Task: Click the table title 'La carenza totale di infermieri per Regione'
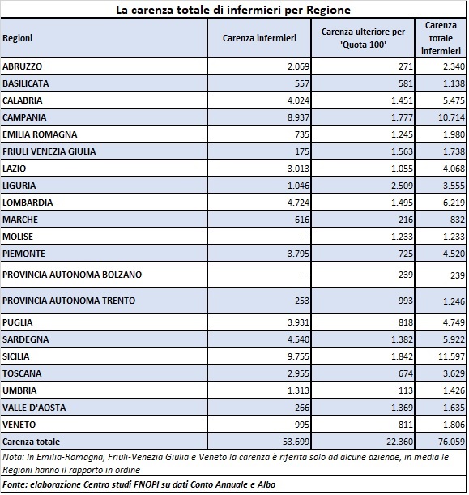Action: click(x=233, y=10)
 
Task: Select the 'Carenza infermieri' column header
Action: click(x=259, y=38)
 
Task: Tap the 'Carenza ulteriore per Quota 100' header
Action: click(x=363, y=38)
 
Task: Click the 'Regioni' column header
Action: click(x=17, y=38)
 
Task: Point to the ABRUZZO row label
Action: click(x=22, y=66)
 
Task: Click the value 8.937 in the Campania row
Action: click(x=298, y=117)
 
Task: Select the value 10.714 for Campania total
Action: click(x=451, y=117)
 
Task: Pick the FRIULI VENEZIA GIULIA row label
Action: click(x=49, y=151)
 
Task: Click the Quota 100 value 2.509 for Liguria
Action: click(x=402, y=186)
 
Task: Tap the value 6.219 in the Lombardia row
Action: click(x=454, y=203)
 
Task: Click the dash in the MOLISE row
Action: click(x=305, y=237)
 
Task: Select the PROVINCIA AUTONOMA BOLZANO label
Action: click(x=72, y=275)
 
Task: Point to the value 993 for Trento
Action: click(x=405, y=301)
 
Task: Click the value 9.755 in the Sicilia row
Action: click(x=298, y=356)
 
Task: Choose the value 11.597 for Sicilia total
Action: click(x=451, y=356)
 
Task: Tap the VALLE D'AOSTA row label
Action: click(x=34, y=408)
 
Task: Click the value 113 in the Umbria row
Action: click(x=405, y=390)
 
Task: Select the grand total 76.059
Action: click(x=451, y=442)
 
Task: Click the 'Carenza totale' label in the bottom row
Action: click(x=31, y=442)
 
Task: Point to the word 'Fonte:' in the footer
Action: click(x=15, y=484)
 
